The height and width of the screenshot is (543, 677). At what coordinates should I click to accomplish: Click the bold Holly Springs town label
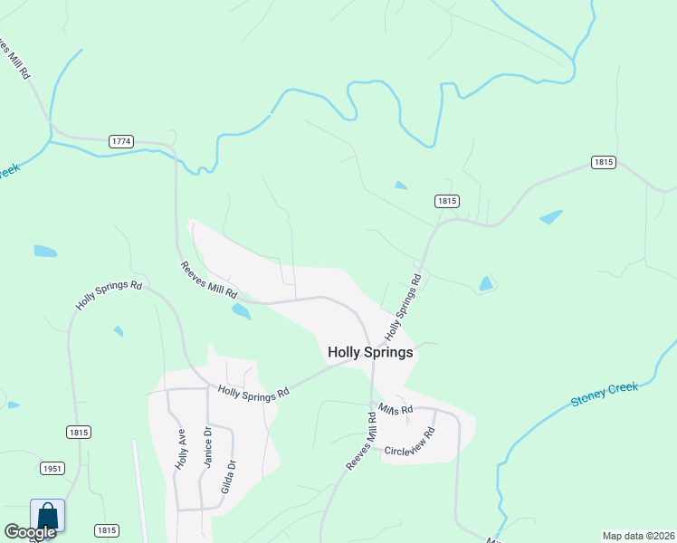click(x=370, y=353)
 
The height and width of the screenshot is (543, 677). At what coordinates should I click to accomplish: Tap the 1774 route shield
click(x=121, y=141)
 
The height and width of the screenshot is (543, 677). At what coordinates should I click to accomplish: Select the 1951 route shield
click(x=52, y=468)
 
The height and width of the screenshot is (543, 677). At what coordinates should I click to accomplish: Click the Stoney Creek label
click(x=605, y=395)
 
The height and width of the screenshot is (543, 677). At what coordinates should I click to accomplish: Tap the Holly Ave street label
click(x=180, y=449)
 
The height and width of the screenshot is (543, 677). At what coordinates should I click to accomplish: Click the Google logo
click(x=30, y=532)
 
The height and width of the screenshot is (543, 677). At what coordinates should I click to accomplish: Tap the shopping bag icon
click(x=48, y=517)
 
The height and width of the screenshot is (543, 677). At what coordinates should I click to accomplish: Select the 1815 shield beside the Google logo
click(x=107, y=530)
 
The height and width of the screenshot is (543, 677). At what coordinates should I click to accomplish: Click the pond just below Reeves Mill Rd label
click(x=241, y=311)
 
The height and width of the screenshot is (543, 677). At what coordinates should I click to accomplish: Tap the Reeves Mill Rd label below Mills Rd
click(x=360, y=441)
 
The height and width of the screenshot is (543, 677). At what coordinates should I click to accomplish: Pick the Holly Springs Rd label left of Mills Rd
click(x=253, y=392)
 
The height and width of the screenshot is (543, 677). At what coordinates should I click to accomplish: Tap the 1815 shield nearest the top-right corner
click(x=604, y=162)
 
